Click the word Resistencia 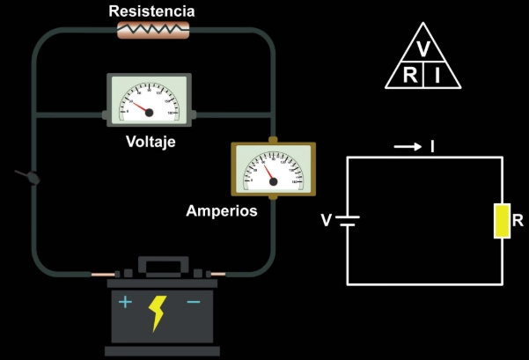click(x=151, y=11)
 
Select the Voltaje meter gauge click(x=148, y=99)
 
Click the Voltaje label click(x=151, y=141)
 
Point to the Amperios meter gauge click(x=272, y=168)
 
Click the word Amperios click(x=222, y=211)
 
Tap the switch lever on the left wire click(x=28, y=176)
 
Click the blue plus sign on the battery click(x=126, y=302)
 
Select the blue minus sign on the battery click(x=194, y=302)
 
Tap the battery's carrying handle click(x=159, y=265)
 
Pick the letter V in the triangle click(x=423, y=48)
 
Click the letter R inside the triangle click(x=410, y=76)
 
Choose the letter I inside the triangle click(x=437, y=76)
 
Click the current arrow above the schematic click(x=408, y=147)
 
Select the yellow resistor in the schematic click(x=501, y=220)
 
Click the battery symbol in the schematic click(x=348, y=219)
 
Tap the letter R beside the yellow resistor click(x=518, y=220)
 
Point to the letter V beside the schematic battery click(x=327, y=220)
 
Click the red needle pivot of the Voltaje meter click(x=149, y=112)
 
